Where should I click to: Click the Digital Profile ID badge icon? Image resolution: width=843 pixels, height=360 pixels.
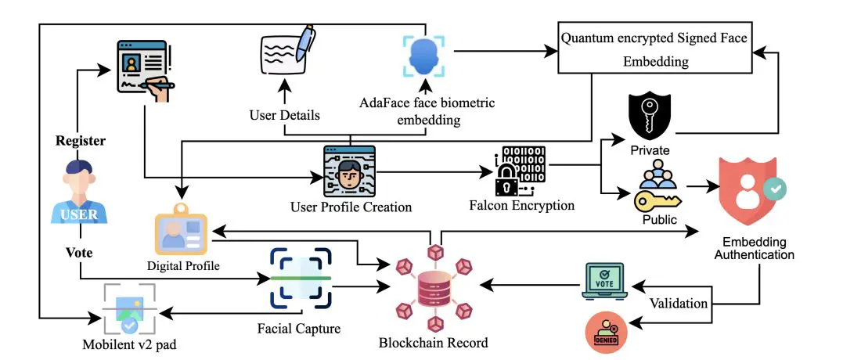tap(183, 233)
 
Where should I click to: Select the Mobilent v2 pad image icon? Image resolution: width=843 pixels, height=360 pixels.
tap(129, 308)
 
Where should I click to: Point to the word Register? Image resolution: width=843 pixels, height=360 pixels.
tap(80, 141)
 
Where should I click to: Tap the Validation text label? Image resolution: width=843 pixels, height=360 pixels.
tap(679, 303)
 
